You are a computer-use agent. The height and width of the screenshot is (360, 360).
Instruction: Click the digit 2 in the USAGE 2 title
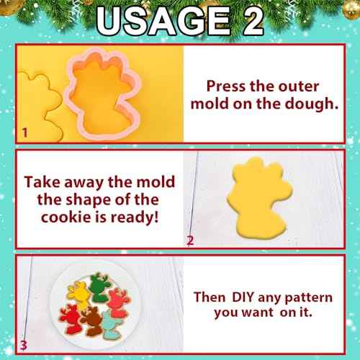[245, 22]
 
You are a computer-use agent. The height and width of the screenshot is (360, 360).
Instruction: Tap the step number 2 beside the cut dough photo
[190, 240]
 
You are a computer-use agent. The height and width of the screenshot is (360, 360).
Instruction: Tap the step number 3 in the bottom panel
[24, 346]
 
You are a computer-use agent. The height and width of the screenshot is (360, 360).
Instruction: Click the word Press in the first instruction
[229, 84]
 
